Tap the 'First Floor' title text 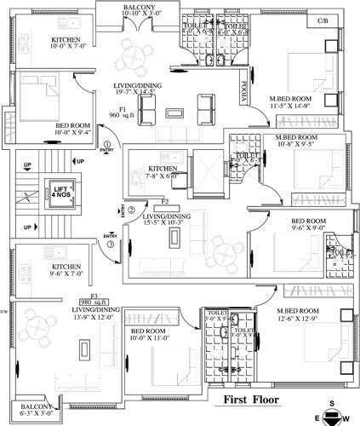point(252,399)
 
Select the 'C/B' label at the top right point(323,20)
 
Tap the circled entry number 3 point(111,245)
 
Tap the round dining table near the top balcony point(134,58)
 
